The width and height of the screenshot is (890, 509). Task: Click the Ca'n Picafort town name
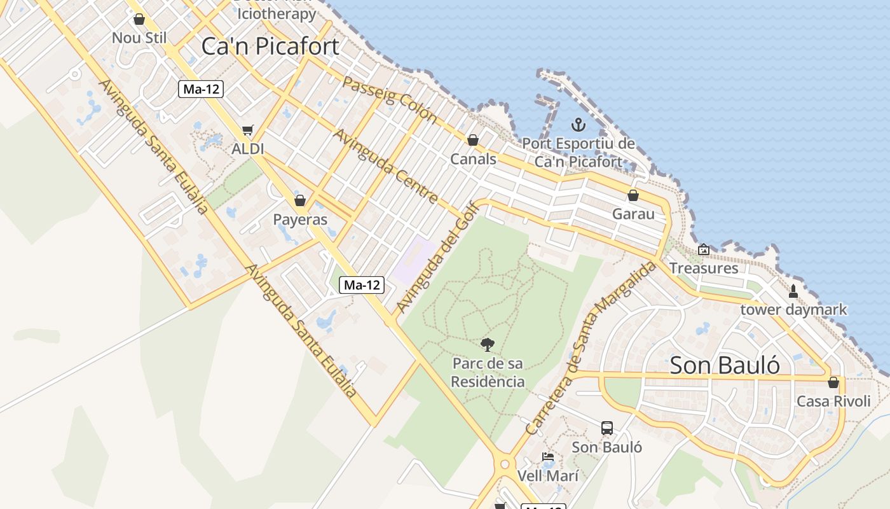(x=270, y=46)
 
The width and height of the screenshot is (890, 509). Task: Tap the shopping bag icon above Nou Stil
(x=139, y=20)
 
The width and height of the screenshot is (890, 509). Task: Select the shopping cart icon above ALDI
(x=247, y=130)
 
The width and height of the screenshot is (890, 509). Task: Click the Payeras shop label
(x=300, y=220)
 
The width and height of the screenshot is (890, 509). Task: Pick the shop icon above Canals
(x=473, y=140)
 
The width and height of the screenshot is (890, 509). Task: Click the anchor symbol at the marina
(x=578, y=125)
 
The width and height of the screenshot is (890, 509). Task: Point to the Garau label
(x=633, y=214)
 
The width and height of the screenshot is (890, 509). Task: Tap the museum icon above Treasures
(x=703, y=250)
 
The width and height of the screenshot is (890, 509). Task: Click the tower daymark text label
(x=793, y=310)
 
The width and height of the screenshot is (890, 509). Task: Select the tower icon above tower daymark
(x=793, y=291)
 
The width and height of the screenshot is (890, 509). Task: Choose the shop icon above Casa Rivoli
(x=833, y=383)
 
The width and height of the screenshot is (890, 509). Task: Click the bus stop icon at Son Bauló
(x=607, y=428)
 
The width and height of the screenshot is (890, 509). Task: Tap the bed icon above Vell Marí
(x=547, y=457)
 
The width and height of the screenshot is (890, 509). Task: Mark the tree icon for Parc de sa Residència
(x=488, y=345)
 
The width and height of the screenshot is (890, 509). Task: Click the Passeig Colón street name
(x=390, y=99)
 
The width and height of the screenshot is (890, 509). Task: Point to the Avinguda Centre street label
(x=386, y=166)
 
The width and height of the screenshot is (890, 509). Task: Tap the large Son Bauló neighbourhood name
(x=725, y=365)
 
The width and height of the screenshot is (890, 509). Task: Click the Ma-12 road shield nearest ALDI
(x=200, y=89)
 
